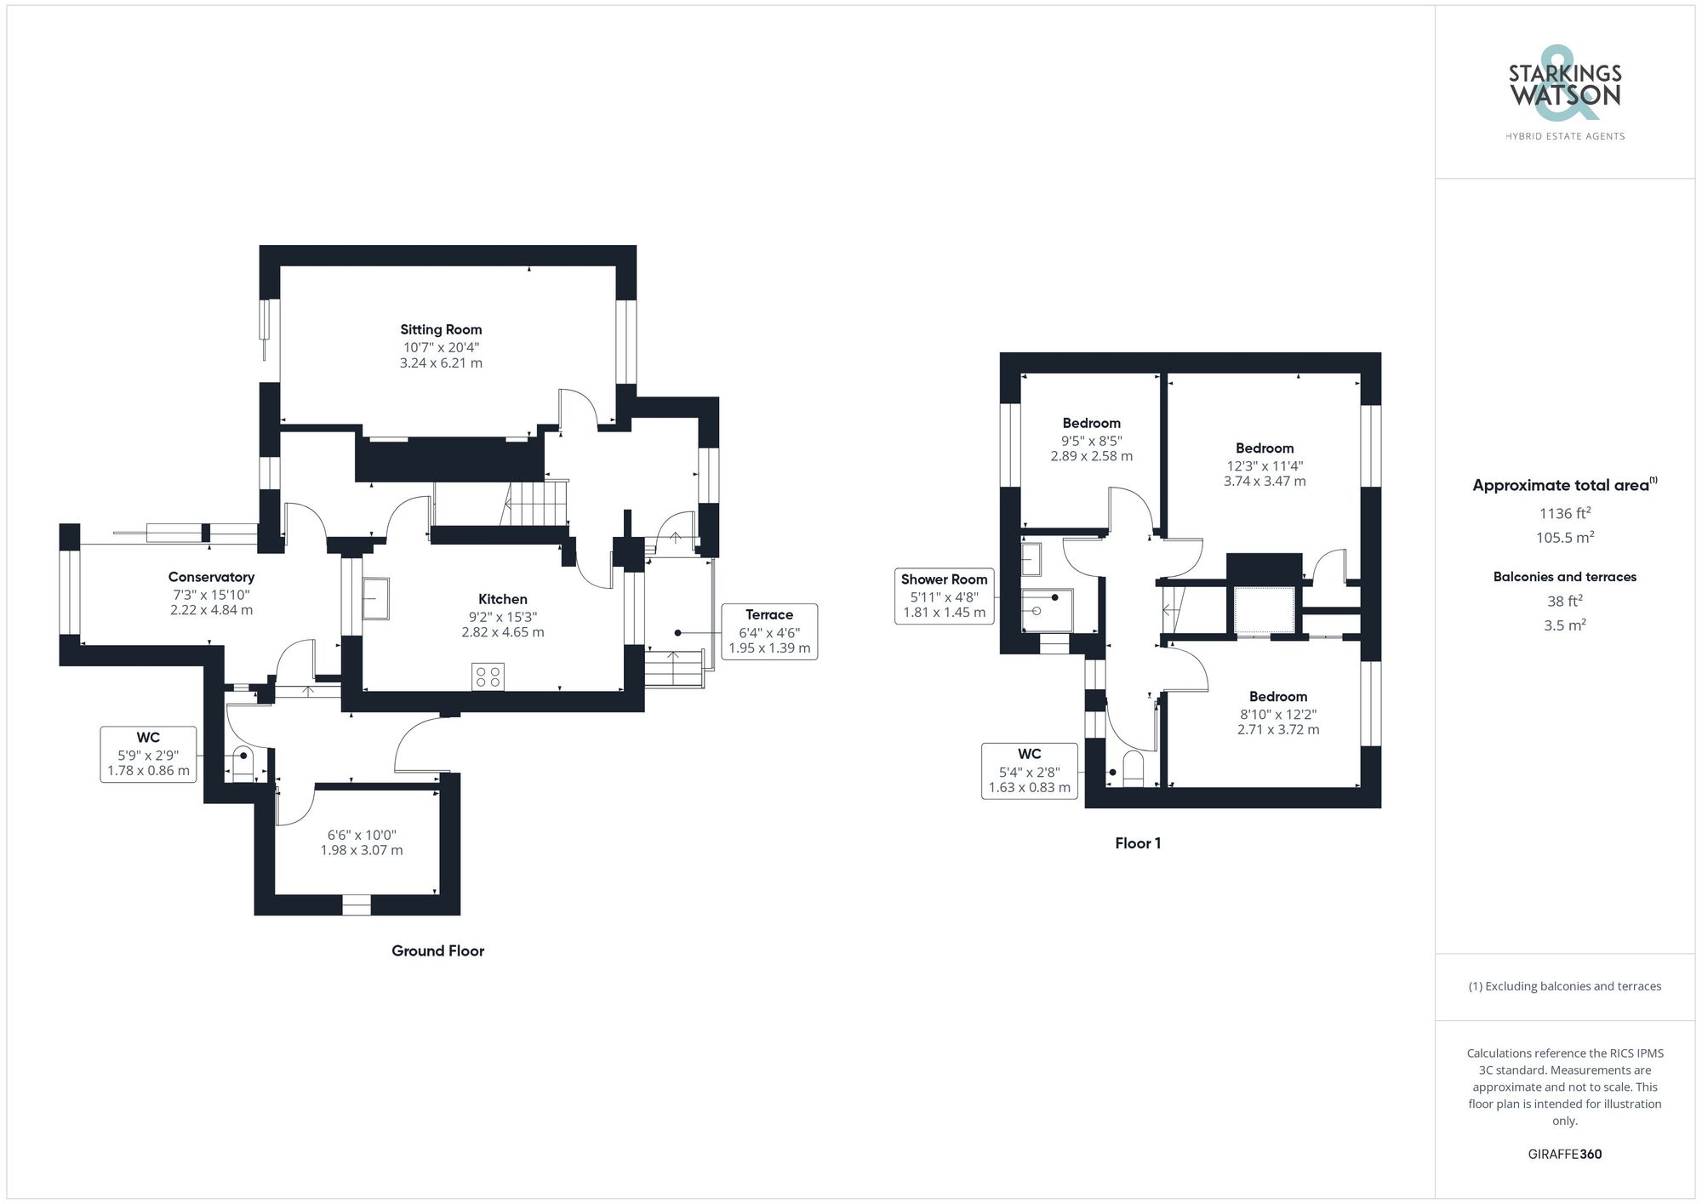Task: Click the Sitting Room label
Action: point(441,329)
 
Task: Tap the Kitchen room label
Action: point(502,599)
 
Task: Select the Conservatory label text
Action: point(211,577)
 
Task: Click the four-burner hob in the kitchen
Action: point(488,676)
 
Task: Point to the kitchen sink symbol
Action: point(375,598)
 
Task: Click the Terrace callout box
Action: point(768,631)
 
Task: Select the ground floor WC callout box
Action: point(148,754)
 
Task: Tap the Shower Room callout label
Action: point(944,596)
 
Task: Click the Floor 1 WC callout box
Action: point(1029,770)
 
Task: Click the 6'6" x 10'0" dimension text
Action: point(362,835)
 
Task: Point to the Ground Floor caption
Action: point(437,950)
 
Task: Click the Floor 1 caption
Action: point(1138,843)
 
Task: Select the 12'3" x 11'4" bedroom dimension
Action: point(1265,465)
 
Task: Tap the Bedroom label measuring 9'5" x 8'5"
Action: point(1091,423)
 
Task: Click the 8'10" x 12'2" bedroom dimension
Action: point(1278,714)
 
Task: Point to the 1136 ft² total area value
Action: point(1564,513)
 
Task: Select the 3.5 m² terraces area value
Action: point(1564,625)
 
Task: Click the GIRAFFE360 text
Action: point(1564,1154)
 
